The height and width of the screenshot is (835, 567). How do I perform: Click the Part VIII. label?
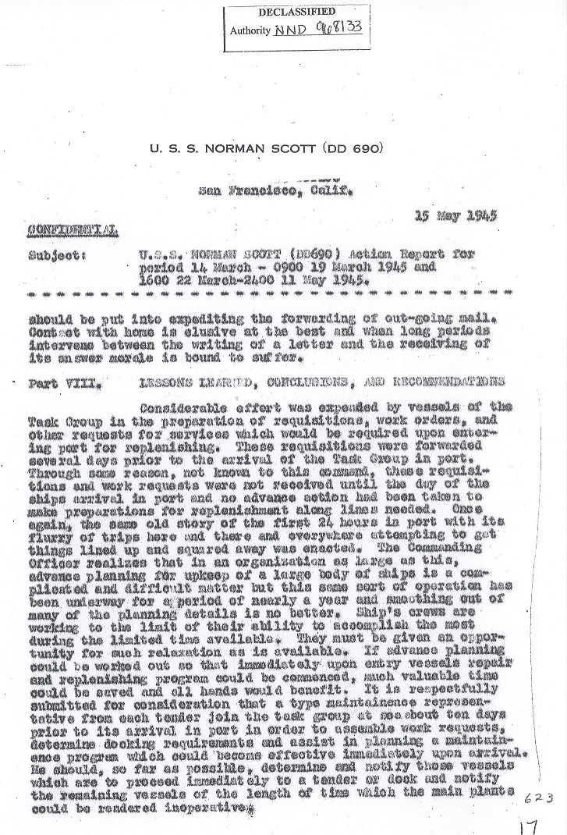(x=54, y=383)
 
